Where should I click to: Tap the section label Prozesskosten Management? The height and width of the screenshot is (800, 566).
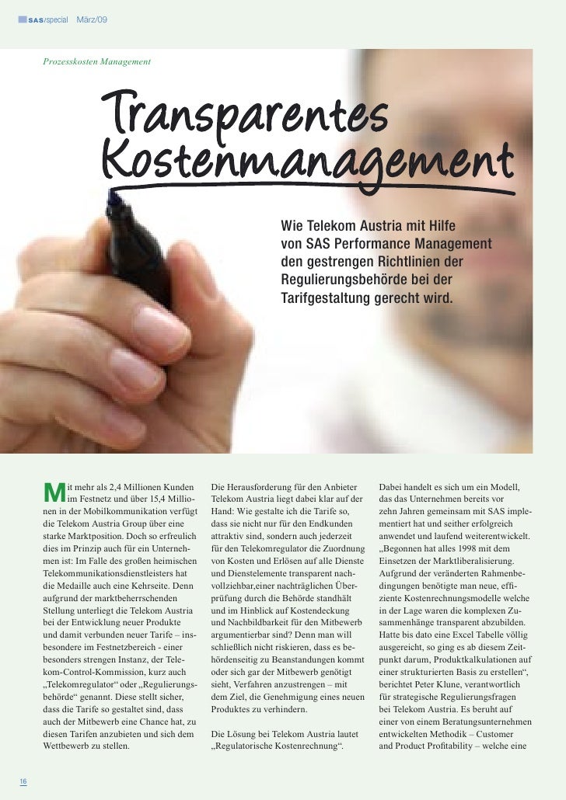click(97, 61)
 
